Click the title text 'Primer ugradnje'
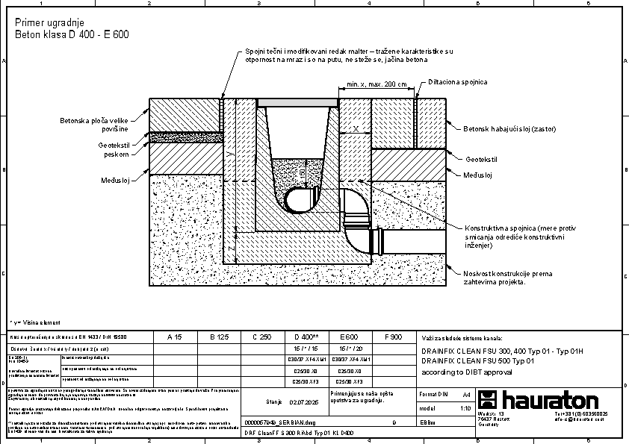[44, 24]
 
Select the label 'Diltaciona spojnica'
[458, 81]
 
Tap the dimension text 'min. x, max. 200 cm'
[372, 84]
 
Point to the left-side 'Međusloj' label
[117, 180]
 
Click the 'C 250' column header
[261, 337]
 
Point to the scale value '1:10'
[465, 408]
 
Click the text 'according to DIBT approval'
[466, 371]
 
